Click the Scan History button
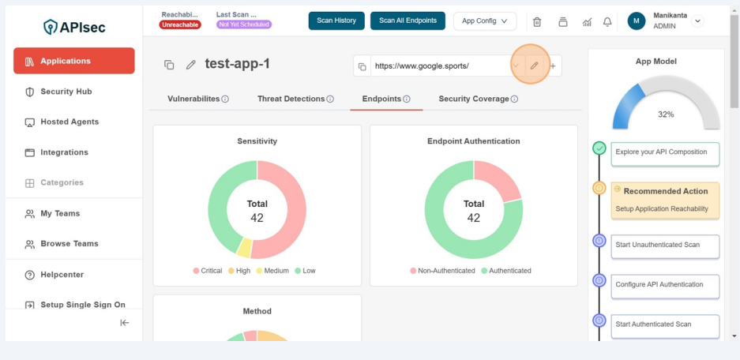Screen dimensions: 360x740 336,21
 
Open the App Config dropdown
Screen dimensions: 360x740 484,21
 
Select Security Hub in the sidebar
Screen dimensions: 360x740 66,92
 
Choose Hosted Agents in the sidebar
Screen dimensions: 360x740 69,122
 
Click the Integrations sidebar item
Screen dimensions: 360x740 64,152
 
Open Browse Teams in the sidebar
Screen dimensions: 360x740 69,244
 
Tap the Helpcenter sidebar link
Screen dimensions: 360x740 62,275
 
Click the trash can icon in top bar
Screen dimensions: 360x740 537,22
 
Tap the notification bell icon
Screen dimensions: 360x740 607,22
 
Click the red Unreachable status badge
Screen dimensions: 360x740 180,24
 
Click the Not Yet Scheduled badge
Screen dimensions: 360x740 244,24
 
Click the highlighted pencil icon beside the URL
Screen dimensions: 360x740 534,66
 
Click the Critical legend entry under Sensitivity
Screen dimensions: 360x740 208,271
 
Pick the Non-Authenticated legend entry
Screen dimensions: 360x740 442,271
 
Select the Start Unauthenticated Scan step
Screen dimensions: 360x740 664,246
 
